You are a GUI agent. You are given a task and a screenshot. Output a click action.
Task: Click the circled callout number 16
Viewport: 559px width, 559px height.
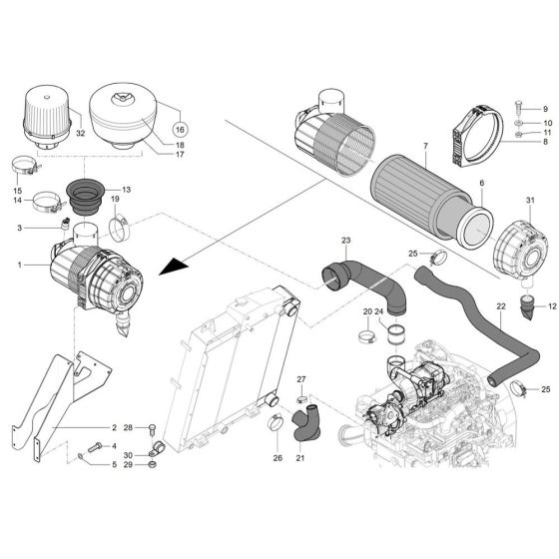(x=180, y=130)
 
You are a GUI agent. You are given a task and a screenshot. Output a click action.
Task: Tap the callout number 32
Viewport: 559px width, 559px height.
(x=80, y=134)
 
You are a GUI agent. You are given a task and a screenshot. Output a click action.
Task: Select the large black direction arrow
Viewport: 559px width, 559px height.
(x=173, y=267)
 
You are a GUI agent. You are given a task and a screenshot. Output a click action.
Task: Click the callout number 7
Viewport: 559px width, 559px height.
(x=396, y=147)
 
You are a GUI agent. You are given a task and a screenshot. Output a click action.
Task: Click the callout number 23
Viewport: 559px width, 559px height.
(x=346, y=241)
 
